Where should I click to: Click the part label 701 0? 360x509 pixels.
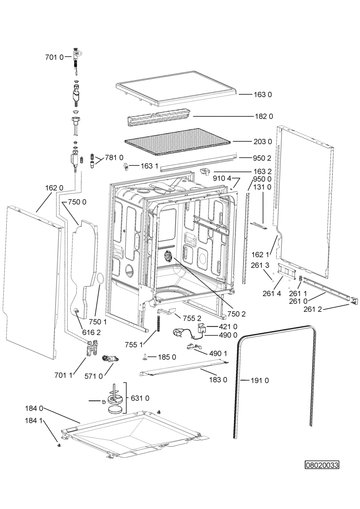pyautogui.click(x=55, y=57)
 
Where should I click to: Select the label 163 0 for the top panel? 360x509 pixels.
pyautogui.click(x=263, y=94)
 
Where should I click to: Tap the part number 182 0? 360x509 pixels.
pyautogui.click(x=264, y=116)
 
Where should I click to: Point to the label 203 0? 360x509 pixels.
pyautogui.click(x=263, y=142)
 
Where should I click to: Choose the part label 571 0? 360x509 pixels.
pyautogui.click(x=94, y=376)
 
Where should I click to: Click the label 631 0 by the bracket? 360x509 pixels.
pyautogui.click(x=140, y=398)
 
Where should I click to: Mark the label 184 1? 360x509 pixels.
pyautogui.click(x=34, y=421)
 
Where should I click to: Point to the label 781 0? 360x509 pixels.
pyautogui.click(x=114, y=157)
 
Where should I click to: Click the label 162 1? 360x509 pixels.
pyautogui.click(x=260, y=255)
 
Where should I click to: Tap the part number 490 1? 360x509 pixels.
pyautogui.click(x=218, y=353)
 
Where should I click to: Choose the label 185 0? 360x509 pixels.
pyautogui.click(x=167, y=357)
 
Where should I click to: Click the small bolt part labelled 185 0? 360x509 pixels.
pyautogui.click(x=145, y=357)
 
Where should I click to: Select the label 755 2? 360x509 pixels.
pyautogui.click(x=193, y=319)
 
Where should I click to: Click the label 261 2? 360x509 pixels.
pyautogui.click(x=313, y=309)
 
